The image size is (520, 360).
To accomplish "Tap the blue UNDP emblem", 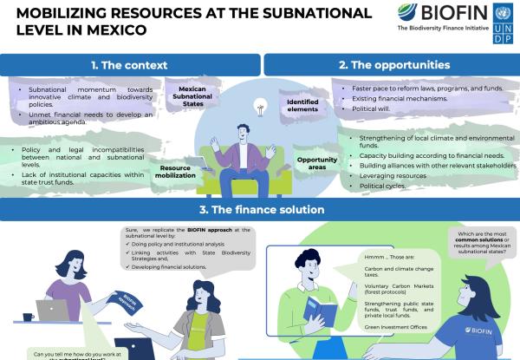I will click(502, 23).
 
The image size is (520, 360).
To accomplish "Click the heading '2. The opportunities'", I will click(393, 64).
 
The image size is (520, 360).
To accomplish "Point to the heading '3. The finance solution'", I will click(259, 210).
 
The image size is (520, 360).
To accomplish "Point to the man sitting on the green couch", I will click(245, 156).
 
